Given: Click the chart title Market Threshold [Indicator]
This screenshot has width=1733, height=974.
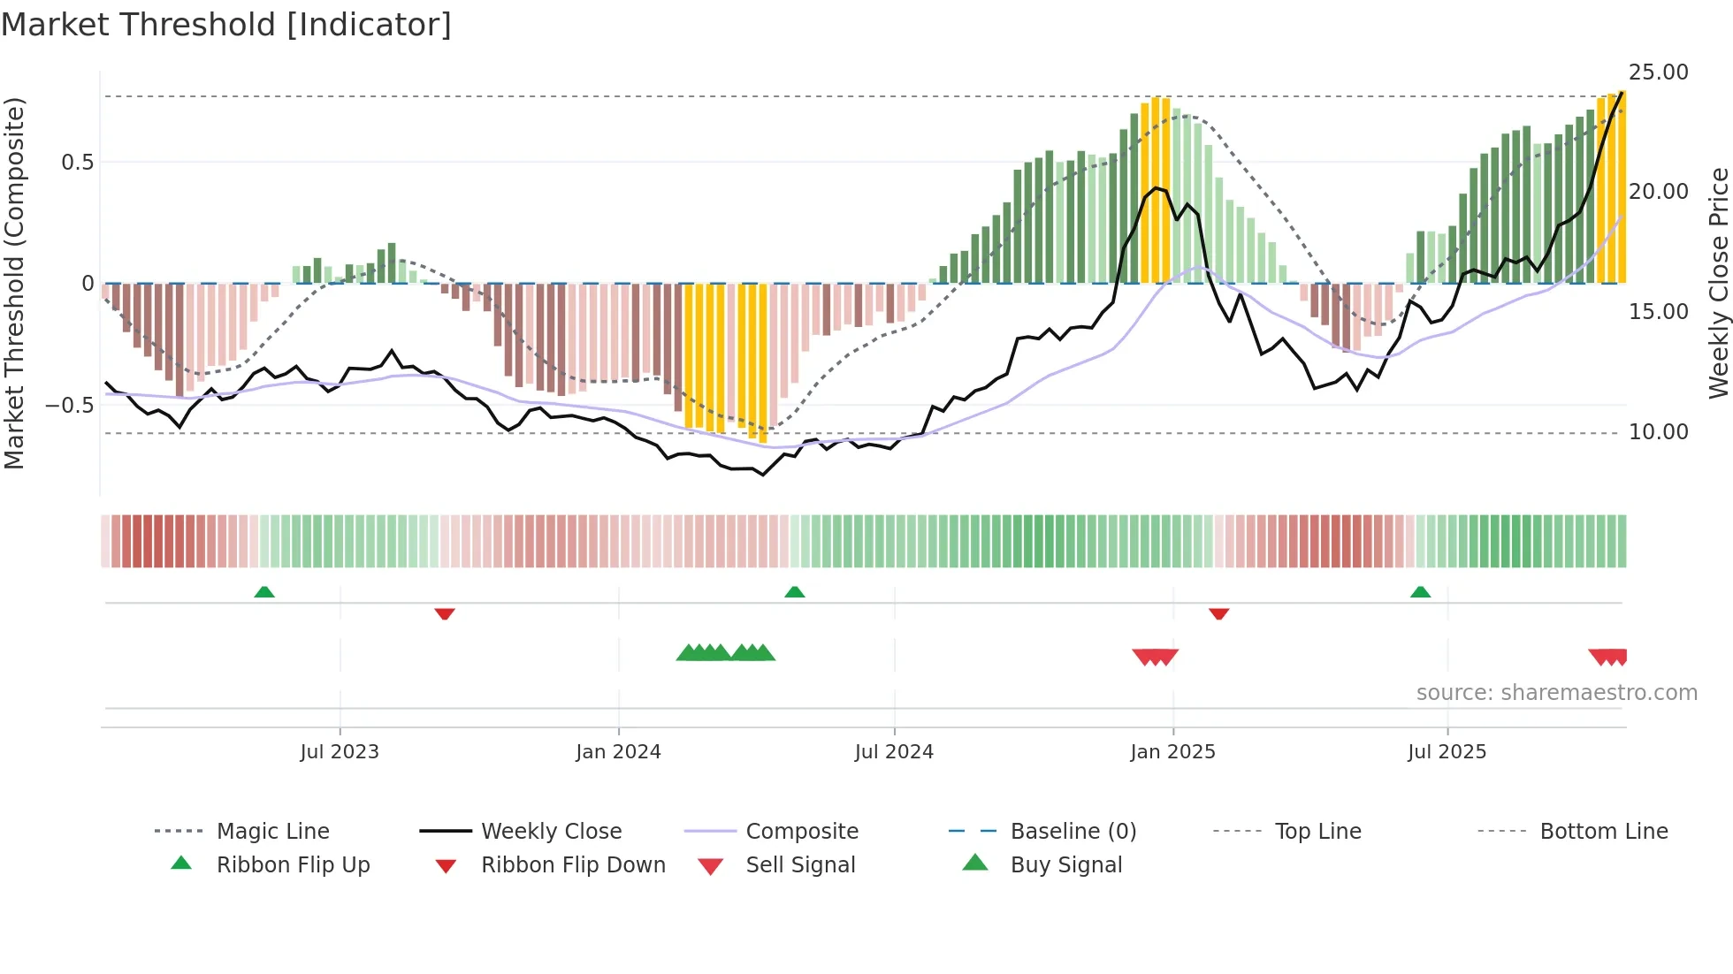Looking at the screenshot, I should [x=226, y=25].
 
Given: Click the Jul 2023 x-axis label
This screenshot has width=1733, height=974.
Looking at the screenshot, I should [x=340, y=752].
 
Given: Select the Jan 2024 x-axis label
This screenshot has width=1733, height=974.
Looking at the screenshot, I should [x=618, y=752].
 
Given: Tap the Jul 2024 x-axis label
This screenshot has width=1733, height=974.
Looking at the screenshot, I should [x=894, y=752].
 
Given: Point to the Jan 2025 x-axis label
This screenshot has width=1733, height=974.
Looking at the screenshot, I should [x=1172, y=752].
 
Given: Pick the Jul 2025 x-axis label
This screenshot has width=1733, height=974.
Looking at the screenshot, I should [x=1447, y=752].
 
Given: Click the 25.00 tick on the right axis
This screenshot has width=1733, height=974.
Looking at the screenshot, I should [x=1658, y=72].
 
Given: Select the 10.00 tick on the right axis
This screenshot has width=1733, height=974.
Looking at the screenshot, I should [x=1658, y=432].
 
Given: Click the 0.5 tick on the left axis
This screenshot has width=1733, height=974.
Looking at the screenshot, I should [x=77, y=163].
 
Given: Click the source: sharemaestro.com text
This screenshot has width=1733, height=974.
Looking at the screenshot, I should [x=1556, y=693].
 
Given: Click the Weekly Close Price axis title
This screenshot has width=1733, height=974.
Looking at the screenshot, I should [x=1718, y=283].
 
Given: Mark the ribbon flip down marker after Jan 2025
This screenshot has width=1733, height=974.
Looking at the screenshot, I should [x=1218, y=613].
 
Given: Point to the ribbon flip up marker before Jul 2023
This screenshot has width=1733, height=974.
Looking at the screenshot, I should [x=264, y=592].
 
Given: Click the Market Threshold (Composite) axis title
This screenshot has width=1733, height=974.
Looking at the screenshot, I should [x=14, y=283].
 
